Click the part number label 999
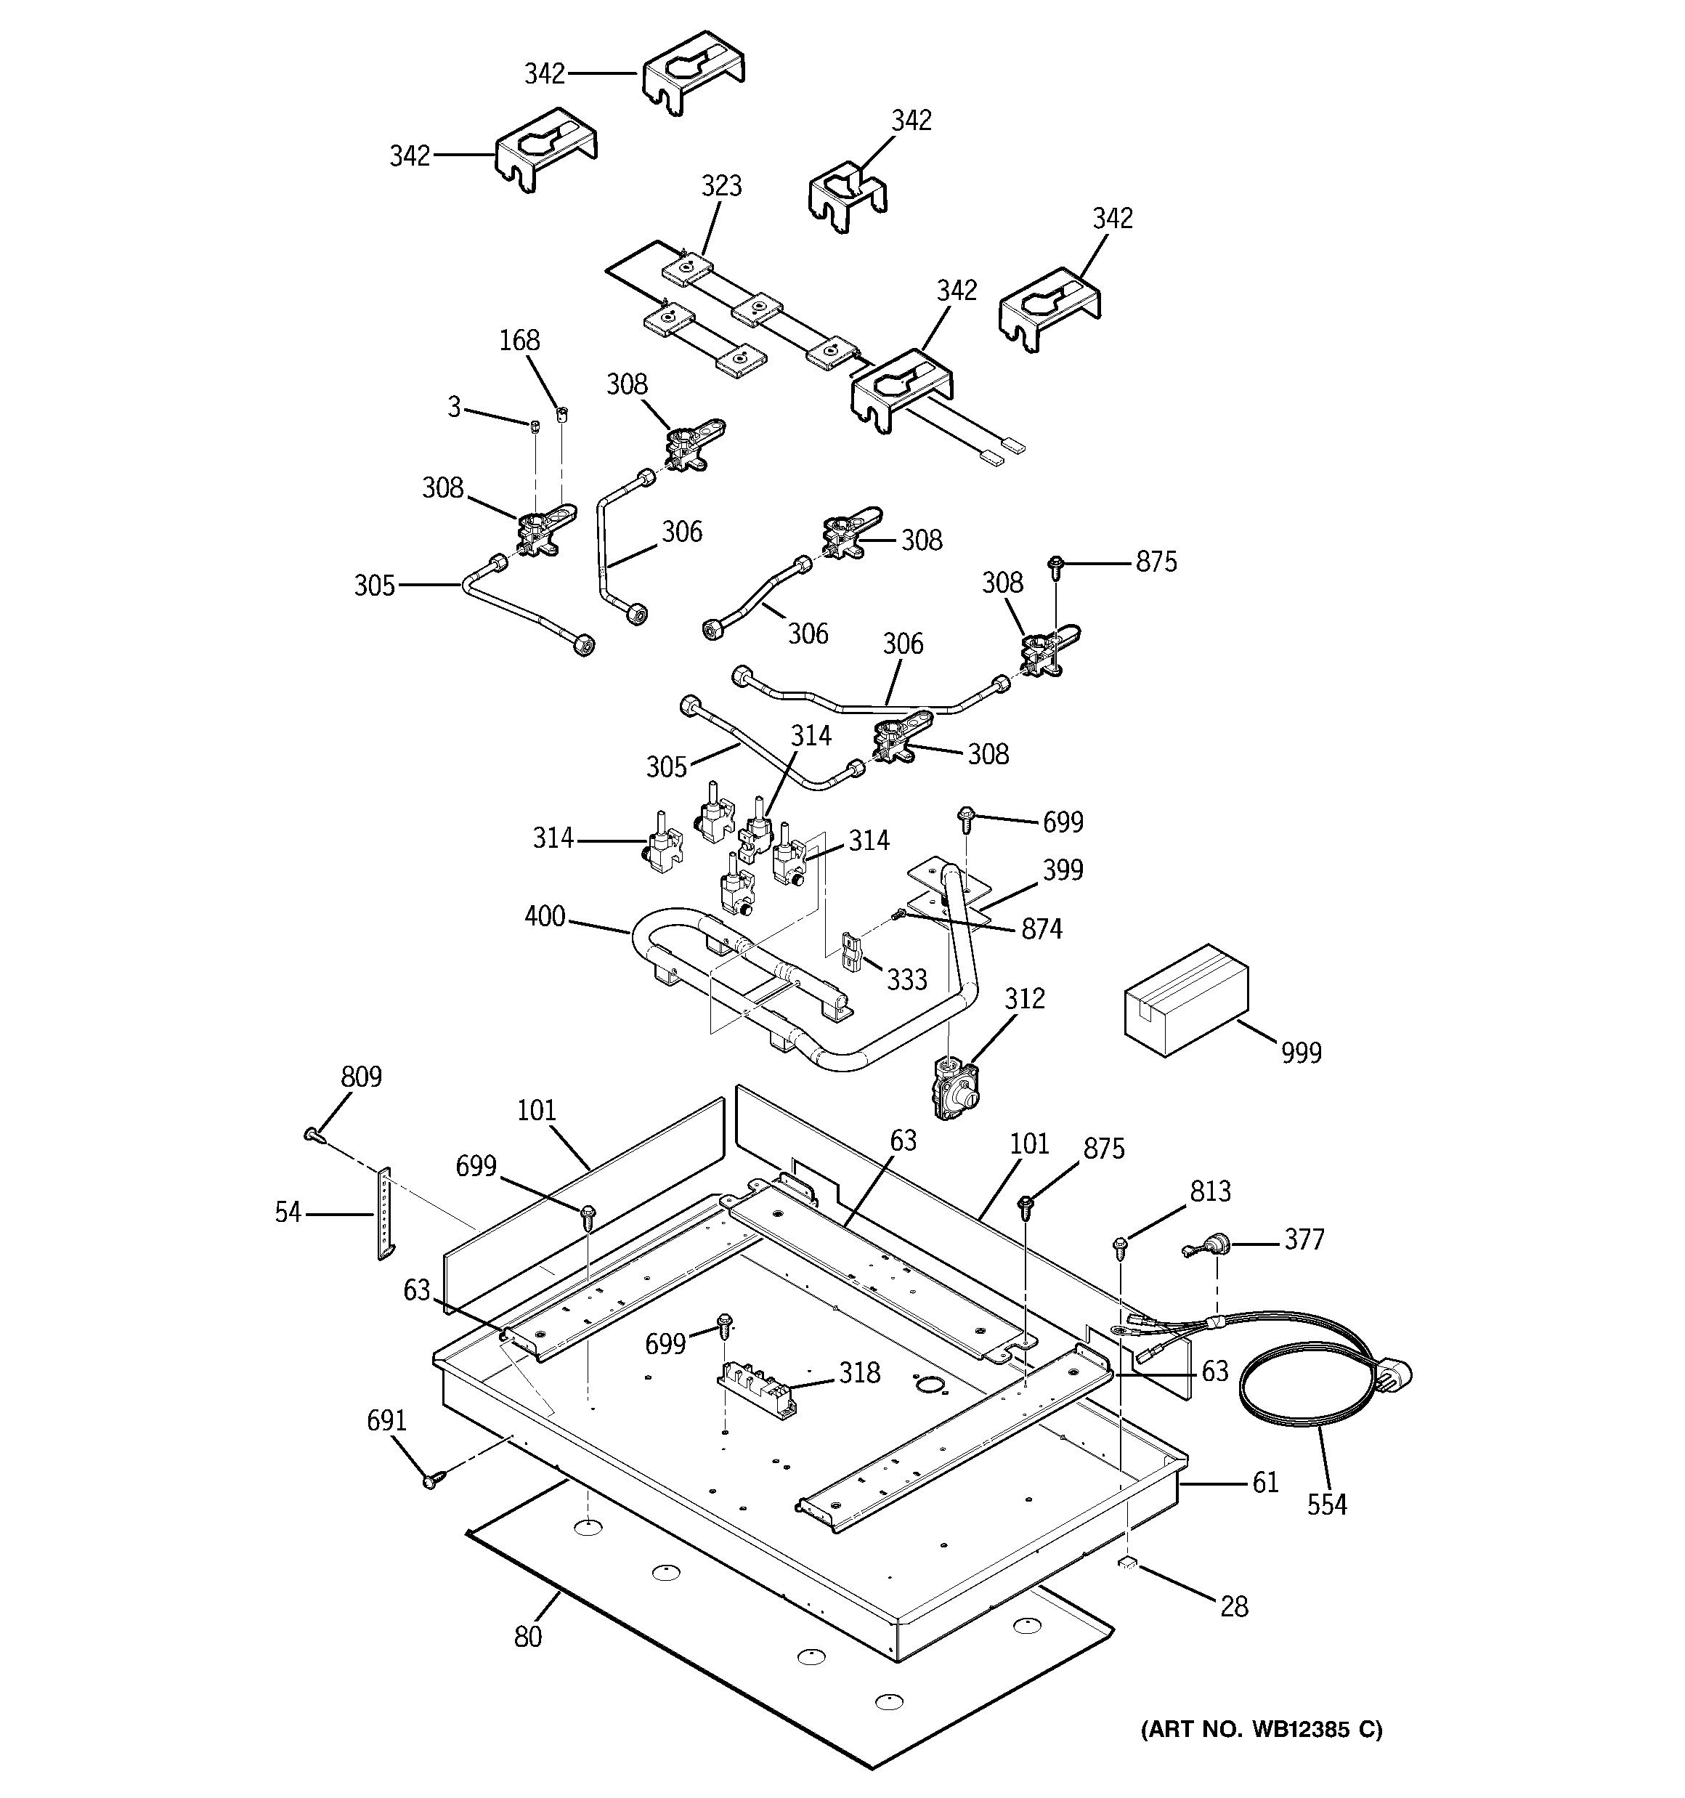[x=1301, y=1052]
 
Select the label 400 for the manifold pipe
[x=545, y=917]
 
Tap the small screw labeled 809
[x=313, y=1135]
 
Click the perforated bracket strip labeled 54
[x=384, y=1212]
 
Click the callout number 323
[x=721, y=186]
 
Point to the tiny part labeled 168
[x=561, y=415]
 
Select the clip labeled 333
[x=852, y=952]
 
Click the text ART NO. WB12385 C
[x=1261, y=1729]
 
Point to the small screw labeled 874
[x=900, y=915]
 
